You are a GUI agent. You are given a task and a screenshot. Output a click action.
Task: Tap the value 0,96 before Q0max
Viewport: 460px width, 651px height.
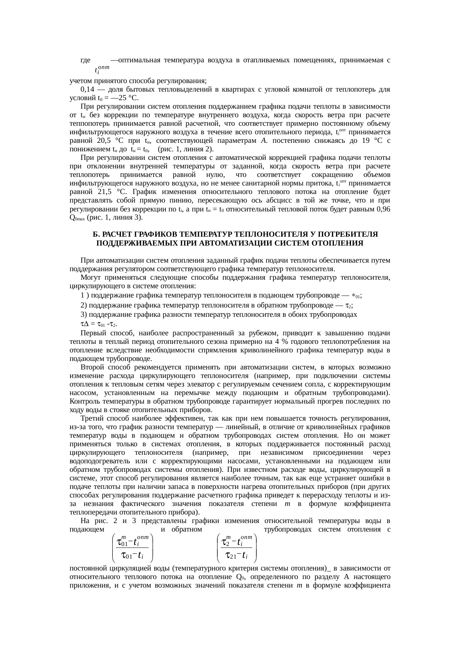click(383, 209)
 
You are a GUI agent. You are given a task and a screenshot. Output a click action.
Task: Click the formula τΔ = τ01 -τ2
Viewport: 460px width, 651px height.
click(97, 324)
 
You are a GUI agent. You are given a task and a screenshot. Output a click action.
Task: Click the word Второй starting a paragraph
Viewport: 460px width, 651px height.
click(91, 368)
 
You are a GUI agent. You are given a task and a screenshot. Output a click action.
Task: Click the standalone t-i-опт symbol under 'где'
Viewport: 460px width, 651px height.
click(101, 69)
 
